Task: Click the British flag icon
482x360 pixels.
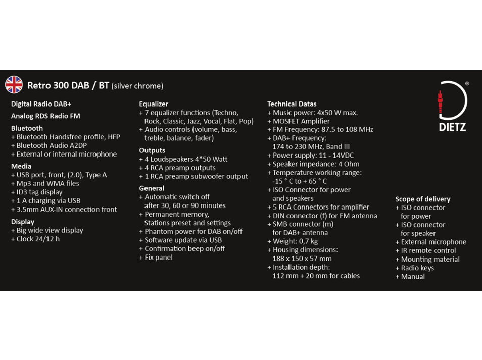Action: pos(14,85)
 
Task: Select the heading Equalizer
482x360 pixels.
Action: pos(154,104)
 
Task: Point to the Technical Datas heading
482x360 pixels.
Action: pos(292,104)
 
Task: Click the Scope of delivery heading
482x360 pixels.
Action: pos(422,199)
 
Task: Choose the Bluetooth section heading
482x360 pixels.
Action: pos(27,128)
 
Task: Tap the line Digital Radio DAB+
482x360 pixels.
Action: pos(41,104)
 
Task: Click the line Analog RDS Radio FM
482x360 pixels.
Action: pos(45,116)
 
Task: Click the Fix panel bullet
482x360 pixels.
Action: pos(158,258)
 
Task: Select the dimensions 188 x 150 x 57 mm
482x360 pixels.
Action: pos(302,259)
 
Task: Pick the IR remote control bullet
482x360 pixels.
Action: pos(428,251)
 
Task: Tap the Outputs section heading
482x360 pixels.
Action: pos(152,150)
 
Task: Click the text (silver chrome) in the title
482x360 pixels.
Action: pos(137,86)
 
